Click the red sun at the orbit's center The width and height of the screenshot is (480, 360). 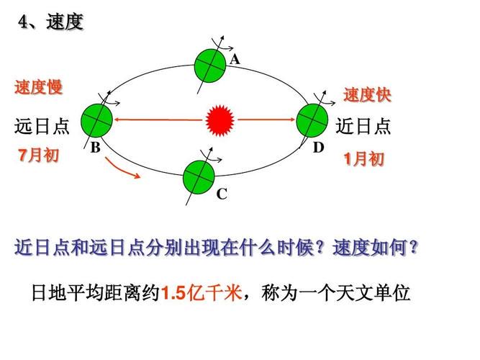pyautogui.click(x=220, y=120)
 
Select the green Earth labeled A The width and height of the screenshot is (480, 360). pyautogui.click(x=210, y=66)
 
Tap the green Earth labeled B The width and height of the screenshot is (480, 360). pyautogui.click(x=96, y=120)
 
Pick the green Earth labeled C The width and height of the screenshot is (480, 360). pyautogui.click(x=199, y=177)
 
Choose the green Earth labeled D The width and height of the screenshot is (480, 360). pyautogui.click(x=312, y=120)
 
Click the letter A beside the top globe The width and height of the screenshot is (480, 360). pyautogui.click(x=235, y=59)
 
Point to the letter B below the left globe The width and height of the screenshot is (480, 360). pyautogui.click(x=96, y=148)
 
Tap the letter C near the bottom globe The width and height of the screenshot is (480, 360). pyautogui.click(x=222, y=194)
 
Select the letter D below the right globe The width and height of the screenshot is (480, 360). pyautogui.click(x=318, y=148)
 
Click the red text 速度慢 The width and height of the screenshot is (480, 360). pyautogui.click(x=39, y=87)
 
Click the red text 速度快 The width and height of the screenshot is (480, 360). pyautogui.click(x=367, y=94)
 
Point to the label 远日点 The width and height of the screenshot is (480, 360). pyautogui.click(x=42, y=126)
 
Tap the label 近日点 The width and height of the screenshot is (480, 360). pyautogui.click(x=363, y=126)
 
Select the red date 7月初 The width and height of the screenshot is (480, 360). pyautogui.click(x=38, y=155)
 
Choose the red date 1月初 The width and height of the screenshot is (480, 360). pyautogui.click(x=363, y=159)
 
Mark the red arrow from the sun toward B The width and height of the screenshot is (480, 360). pyautogui.click(x=158, y=120)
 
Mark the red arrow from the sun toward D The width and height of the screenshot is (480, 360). pyautogui.click(x=266, y=120)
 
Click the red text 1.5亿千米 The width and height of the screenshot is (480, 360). pyautogui.click(x=201, y=292)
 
